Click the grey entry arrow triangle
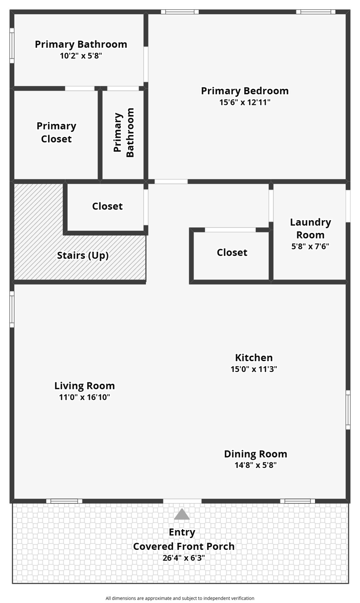[x=182, y=514]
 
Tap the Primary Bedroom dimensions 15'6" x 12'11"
[x=245, y=103]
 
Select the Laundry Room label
[x=310, y=229]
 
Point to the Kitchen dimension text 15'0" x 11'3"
[x=254, y=369]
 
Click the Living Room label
[x=85, y=386]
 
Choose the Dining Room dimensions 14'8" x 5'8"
[x=256, y=465]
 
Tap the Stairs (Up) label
[x=83, y=255]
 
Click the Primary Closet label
[x=57, y=132]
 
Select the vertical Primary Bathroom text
[x=124, y=132]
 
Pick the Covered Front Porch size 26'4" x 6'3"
[x=184, y=558]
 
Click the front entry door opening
[x=182, y=501]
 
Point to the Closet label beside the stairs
[x=108, y=206]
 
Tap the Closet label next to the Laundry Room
[x=232, y=253]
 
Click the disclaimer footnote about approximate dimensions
[x=180, y=598]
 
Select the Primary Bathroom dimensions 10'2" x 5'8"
[x=81, y=56]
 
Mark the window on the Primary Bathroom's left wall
[x=12, y=45]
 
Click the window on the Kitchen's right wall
[x=348, y=410]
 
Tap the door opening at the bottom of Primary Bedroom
[x=171, y=181]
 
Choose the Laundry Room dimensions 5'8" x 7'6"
[x=310, y=247]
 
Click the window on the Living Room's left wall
[x=12, y=309]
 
